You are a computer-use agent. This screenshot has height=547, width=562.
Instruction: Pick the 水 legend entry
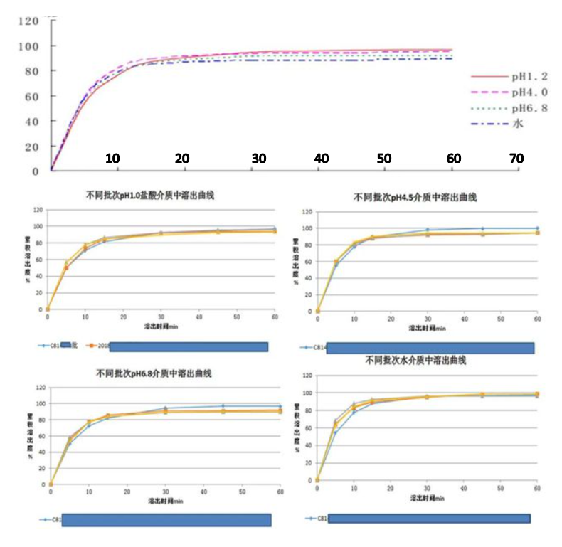[516, 124]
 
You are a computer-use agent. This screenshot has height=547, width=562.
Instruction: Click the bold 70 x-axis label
[516, 158]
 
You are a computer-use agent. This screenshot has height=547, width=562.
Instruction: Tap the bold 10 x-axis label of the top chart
[112, 158]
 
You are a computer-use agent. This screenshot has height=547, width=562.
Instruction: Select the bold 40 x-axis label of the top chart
[322, 158]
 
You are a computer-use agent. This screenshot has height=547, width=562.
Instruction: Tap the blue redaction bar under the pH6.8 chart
[166, 520]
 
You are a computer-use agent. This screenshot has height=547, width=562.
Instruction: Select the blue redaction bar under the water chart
[431, 518]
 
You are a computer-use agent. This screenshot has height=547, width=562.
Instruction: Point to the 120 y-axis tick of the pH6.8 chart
[41, 388]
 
